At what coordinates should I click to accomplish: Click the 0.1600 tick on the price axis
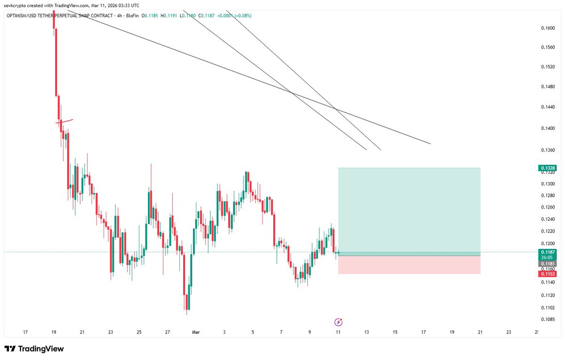tap(548, 28)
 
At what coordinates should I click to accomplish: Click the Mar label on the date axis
tap(196, 332)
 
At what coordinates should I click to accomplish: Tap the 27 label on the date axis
tap(168, 332)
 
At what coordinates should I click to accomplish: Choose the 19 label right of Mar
tap(452, 332)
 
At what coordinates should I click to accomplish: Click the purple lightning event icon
tap(338, 322)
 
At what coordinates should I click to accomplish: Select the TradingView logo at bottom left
tap(34, 349)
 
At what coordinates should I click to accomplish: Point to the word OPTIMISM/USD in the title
tap(24, 16)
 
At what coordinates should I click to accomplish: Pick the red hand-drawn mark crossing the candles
tap(64, 122)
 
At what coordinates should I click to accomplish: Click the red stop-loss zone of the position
tap(409, 265)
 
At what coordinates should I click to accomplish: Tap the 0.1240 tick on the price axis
tap(548, 219)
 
